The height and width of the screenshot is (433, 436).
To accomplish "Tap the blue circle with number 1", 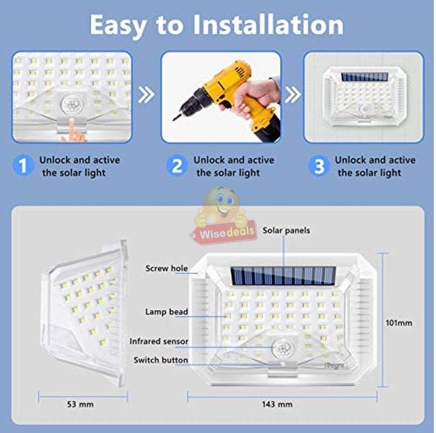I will click(23, 166).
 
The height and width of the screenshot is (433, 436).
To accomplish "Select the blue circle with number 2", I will click(177, 166).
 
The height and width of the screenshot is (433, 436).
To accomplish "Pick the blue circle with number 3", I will click(320, 166).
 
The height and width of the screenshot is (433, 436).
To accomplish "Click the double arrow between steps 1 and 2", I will click(146, 96).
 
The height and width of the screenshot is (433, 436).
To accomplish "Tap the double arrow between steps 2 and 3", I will click(292, 95).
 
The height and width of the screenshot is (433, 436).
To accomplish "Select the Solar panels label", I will click(286, 231).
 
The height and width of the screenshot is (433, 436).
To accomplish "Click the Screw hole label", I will click(166, 268).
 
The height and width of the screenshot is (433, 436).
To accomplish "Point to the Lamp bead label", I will click(166, 312).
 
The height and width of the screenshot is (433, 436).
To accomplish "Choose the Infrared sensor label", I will click(159, 341).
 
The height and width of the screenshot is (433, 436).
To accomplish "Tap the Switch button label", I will click(161, 360).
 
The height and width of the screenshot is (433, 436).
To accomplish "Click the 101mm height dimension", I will click(399, 323).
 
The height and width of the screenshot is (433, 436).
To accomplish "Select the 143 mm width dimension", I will click(277, 404).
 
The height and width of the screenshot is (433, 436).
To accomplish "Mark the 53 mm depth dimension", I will click(80, 404).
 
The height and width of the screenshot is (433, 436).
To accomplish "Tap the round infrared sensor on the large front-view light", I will click(282, 349).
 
